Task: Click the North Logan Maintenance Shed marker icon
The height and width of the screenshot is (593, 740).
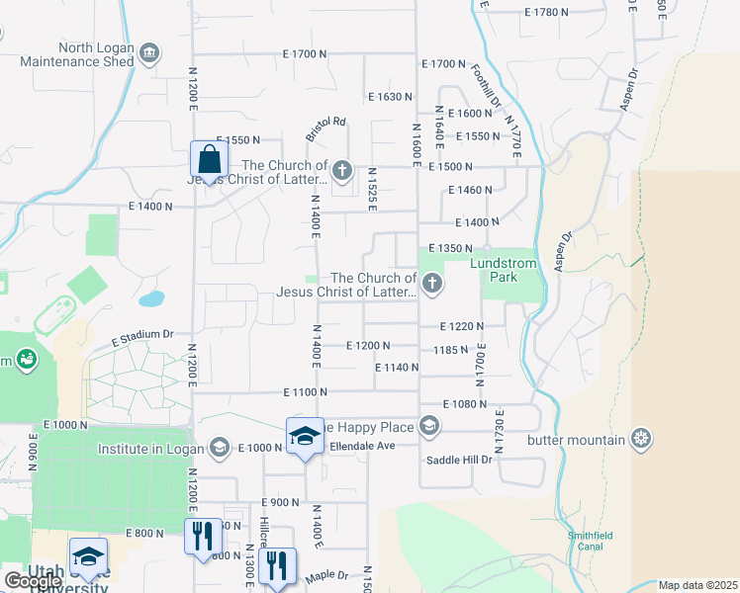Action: tap(149, 52)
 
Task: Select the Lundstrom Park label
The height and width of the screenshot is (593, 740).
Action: tap(512, 270)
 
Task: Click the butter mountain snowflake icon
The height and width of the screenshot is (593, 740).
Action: tap(642, 439)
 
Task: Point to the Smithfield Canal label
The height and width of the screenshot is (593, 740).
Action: tap(590, 541)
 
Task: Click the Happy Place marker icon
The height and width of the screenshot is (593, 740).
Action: tap(428, 426)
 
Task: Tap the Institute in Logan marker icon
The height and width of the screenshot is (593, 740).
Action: tap(220, 448)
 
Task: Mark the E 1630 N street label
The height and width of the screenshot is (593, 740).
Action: tap(389, 97)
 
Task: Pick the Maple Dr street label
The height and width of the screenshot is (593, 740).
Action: tap(327, 575)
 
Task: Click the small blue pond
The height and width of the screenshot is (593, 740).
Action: tap(151, 297)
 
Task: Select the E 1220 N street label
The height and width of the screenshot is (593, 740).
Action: tap(462, 326)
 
